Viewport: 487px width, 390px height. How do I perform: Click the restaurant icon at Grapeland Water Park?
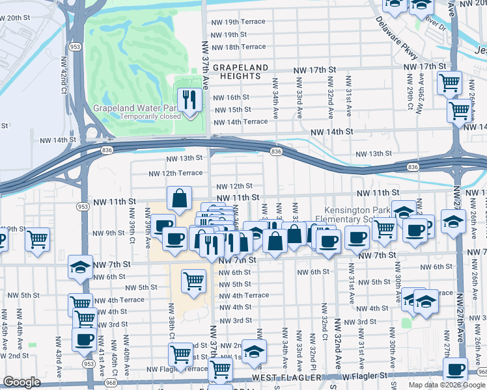coord(189,100)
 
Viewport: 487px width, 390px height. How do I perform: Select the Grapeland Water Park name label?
coord(135,108)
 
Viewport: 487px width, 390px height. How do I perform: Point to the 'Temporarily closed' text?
coord(150,117)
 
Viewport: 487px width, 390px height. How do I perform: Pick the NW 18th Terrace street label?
coord(239,47)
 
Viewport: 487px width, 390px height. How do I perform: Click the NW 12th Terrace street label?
coord(175,174)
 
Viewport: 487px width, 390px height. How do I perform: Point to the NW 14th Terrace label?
coord(240,122)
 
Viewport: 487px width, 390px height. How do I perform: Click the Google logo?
coord(21,383)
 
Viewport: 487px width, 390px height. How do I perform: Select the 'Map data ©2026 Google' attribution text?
coord(447,385)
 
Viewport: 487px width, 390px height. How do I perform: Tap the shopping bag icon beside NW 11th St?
coord(179,198)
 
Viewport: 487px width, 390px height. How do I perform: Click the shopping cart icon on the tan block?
coord(194,281)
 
